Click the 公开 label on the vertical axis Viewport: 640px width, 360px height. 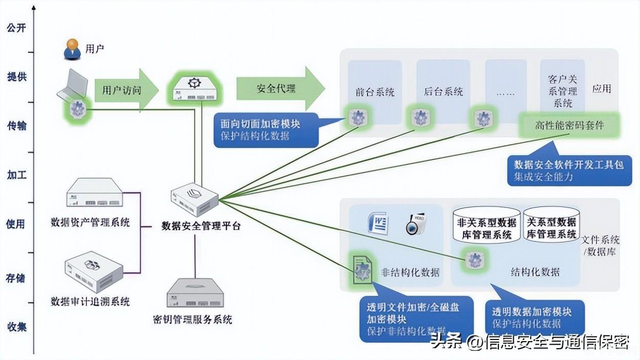coord(16,28)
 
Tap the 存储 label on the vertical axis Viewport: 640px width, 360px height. coord(16,278)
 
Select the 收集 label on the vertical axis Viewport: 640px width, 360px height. coord(16,327)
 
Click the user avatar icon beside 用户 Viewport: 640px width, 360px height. coord(72,49)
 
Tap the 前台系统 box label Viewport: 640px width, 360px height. coord(375,92)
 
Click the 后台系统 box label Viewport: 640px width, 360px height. coord(443,92)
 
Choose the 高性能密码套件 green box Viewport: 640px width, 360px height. coord(569,125)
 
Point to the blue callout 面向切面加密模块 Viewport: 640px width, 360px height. coord(266,130)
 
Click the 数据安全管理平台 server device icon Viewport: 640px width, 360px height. coord(194,200)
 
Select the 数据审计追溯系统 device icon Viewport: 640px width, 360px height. coord(94,271)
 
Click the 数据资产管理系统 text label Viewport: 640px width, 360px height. coord(90,222)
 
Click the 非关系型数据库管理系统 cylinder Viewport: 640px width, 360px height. coord(486,224)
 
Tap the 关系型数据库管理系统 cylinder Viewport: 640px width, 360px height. coord(551,223)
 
